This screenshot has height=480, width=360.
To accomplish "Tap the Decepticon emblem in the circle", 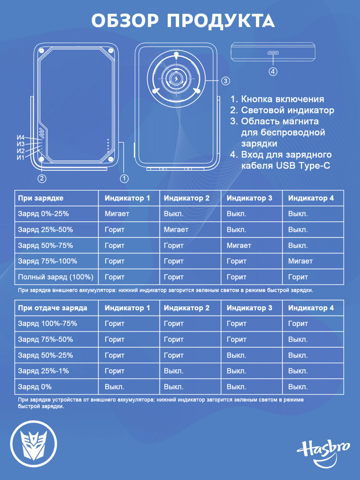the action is click(34, 443).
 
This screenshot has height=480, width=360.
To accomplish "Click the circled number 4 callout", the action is click(273, 72).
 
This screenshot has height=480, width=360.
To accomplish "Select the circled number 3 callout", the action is click(225, 81).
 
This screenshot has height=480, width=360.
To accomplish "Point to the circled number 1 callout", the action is click(124, 178).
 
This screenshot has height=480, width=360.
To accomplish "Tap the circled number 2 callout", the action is click(42, 178).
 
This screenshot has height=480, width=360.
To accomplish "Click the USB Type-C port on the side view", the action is click(273, 52).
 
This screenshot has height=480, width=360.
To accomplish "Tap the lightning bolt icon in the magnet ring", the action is click(176, 79).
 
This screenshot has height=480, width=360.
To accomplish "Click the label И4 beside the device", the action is click(21, 138).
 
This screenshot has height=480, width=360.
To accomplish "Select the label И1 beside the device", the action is click(20, 157).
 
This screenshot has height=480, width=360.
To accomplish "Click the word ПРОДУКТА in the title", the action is click(220, 21).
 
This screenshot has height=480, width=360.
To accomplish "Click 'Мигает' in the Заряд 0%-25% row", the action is click(117, 214).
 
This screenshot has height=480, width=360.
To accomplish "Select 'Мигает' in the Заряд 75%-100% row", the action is click(300, 261).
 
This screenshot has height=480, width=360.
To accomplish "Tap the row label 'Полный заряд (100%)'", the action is click(55, 277).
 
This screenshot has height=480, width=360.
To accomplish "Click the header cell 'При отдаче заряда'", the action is click(52, 308).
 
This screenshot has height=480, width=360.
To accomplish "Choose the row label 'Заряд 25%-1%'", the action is click(43, 371).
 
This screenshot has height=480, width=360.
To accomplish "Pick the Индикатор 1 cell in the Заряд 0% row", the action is click(114, 387).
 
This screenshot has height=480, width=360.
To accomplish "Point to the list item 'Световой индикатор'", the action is click(282, 110).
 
